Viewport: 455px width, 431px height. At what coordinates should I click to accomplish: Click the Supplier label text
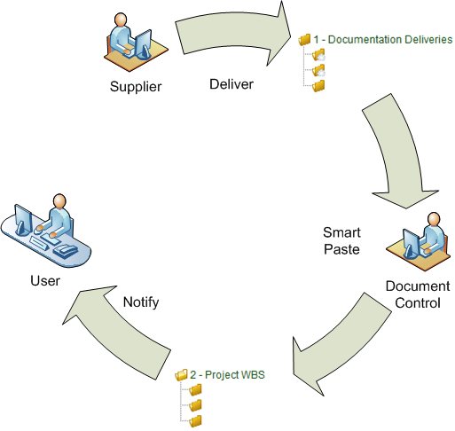coord(136,87)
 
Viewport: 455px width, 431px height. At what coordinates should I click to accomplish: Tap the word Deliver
coord(231,84)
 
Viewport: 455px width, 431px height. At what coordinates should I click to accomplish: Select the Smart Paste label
coord(341,240)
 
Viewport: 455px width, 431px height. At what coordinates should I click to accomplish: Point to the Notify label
coord(141,302)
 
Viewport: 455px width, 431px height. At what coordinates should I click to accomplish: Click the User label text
coord(45,280)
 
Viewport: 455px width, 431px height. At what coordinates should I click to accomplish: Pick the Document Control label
coord(418,294)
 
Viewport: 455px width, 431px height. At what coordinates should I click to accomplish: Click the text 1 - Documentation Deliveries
coord(383,39)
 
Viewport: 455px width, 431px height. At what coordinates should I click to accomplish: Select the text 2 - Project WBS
coord(227,374)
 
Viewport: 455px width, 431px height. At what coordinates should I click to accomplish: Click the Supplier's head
coord(121,20)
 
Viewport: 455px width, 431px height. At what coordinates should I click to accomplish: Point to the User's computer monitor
coord(23,219)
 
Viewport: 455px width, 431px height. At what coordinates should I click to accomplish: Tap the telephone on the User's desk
coord(66,251)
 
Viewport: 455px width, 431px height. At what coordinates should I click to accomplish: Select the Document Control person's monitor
coord(412,243)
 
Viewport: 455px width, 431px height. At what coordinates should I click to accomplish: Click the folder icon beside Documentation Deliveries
coord(304,40)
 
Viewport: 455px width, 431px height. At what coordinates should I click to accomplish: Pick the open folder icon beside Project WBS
coord(181,375)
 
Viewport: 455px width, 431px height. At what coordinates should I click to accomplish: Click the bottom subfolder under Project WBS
coord(195,421)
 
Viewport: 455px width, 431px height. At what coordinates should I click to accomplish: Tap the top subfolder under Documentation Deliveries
coord(318,55)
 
